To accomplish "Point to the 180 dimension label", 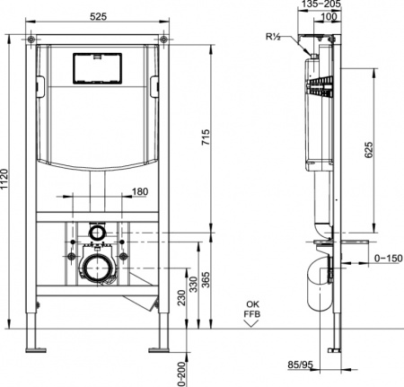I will click(139, 191).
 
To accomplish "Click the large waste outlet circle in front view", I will click(95, 267).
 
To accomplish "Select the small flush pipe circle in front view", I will click(95, 233).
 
